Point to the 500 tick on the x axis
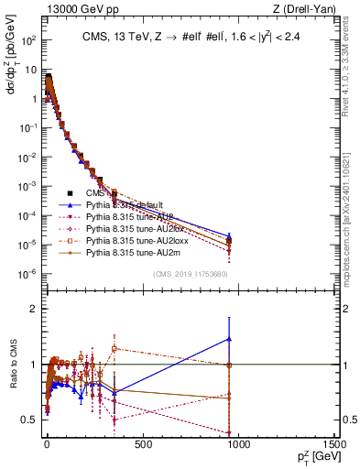[142, 444]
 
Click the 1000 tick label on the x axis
[239, 444]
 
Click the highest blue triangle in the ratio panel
[229, 339]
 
